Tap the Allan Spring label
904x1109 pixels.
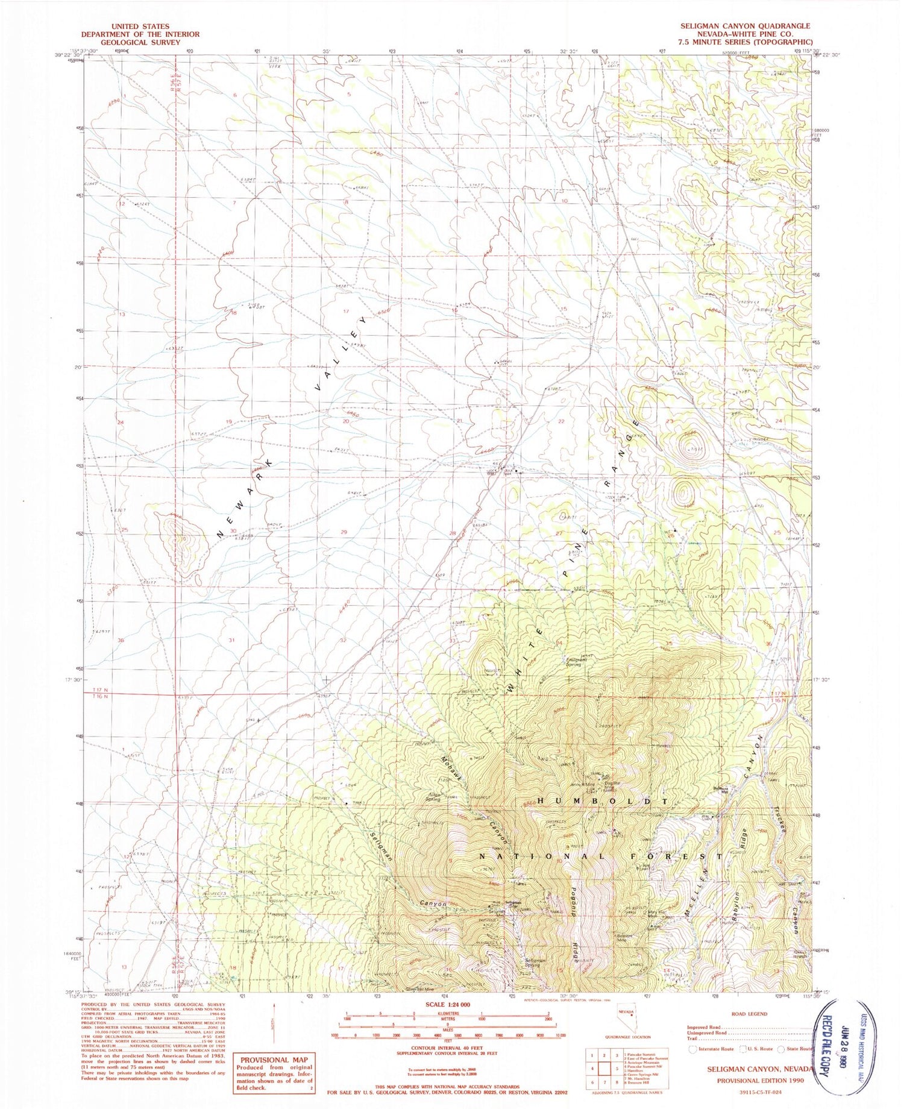click(433, 797)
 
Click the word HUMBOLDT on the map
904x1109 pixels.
click(601, 801)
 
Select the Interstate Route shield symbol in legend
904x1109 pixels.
click(691, 1049)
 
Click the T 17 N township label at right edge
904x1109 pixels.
click(794, 694)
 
